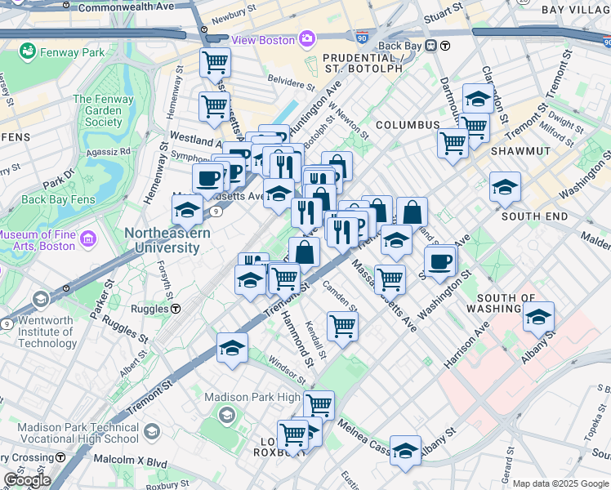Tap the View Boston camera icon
click(x=307, y=38)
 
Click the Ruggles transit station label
click(x=147, y=309)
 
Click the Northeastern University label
click(x=167, y=240)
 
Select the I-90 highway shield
click(x=362, y=38)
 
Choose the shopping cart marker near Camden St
click(x=342, y=326)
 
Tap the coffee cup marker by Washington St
click(x=440, y=261)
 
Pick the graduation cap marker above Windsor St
click(x=232, y=347)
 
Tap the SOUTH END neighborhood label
click(x=534, y=216)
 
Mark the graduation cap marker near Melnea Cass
click(x=405, y=450)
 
